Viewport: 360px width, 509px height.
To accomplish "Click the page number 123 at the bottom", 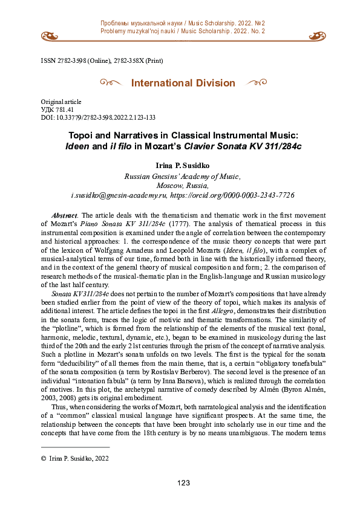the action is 183,482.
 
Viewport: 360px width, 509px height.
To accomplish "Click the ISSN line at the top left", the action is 102,61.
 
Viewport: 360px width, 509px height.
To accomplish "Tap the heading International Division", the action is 183,83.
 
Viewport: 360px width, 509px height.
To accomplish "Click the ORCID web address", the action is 232,196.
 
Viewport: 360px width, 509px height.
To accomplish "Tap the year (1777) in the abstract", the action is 178,223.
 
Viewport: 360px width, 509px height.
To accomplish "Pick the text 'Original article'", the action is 61,102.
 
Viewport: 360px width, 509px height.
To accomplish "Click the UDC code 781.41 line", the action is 57,109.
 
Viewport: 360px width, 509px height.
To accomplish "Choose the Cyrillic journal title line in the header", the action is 182,23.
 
